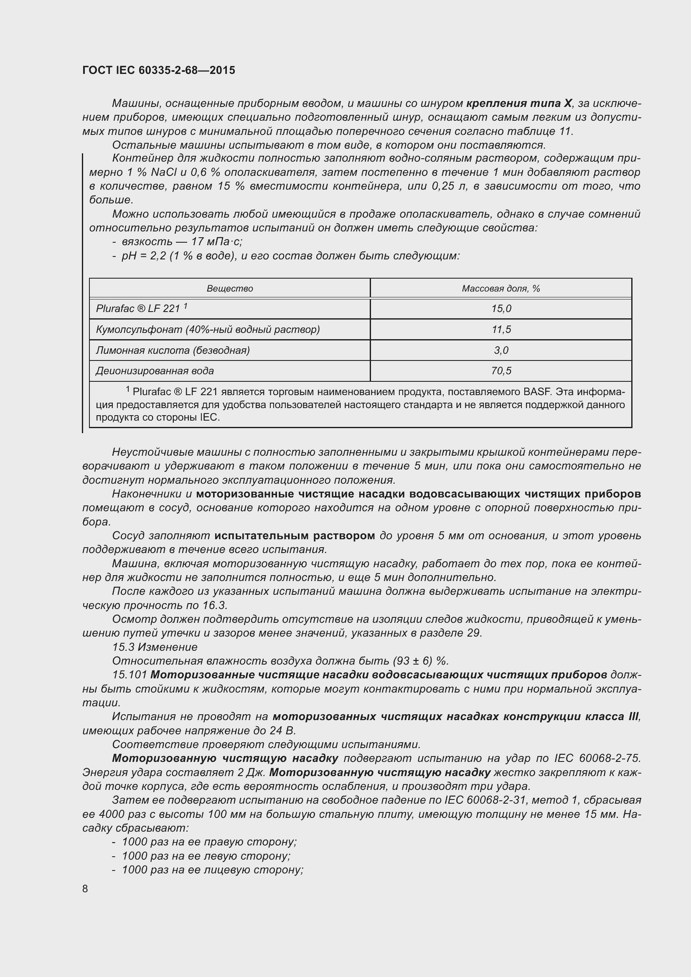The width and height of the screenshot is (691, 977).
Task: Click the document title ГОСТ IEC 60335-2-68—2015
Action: pyautogui.click(x=159, y=71)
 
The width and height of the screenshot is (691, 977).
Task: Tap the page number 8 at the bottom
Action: pyautogui.click(x=85, y=888)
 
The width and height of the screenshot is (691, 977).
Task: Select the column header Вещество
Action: pyautogui.click(x=230, y=289)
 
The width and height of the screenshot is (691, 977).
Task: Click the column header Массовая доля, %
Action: pyautogui.click(x=501, y=289)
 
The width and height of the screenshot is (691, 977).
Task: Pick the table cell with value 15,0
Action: pyautogui.click(x=501, y=309)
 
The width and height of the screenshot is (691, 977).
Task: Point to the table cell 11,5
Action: pyautogui.click(x=501, y=329)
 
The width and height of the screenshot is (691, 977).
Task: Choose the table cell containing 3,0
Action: pyautogui.click(x=501, y=350)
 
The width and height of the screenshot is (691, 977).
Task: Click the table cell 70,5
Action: pyautogui.click(x=501, y=370)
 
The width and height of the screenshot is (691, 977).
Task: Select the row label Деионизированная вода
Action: pyautogui.click(x=155, y=370)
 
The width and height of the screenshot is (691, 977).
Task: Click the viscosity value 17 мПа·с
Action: pyautogui.click(x=217, y=242)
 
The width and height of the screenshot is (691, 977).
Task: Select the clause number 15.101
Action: pyautogui.click(x=130, y=675)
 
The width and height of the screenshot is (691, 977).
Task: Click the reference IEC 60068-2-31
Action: pyautogui.click(x=485, y=800)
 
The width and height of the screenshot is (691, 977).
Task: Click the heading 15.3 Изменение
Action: pyautogui.click(x=155, y=647)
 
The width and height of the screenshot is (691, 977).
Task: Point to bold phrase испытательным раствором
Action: pyautogui.click(x=295, y=536)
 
